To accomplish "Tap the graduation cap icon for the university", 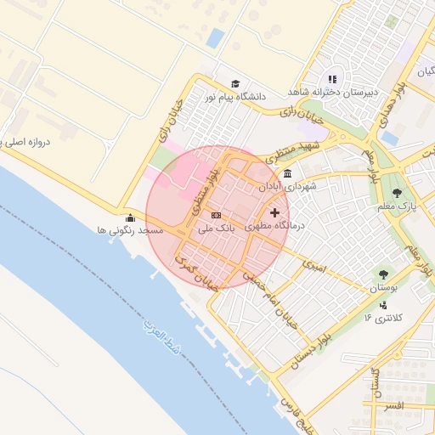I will pyautogui.click(x=234, y=83).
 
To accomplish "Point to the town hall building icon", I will pyautogui.click(x=288, y=173).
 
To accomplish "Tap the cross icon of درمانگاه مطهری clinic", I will pyautogui.click(x=274, y=212).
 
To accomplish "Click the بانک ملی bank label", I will pyautogui.click(x=216, y=229).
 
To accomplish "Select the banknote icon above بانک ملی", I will pyautogui.click(x=216, y=215).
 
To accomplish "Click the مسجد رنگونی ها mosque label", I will pyautogui.click(x=129, y=230).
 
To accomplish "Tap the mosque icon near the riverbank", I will pyautogui.click(x=129, y=217).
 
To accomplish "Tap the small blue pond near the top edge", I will pyautogui.click(x=216, y=37).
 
